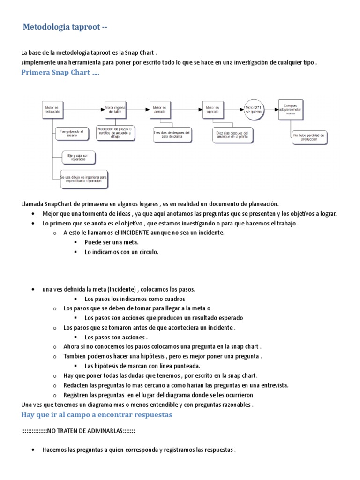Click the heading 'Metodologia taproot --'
coord(65,28)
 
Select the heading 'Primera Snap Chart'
coord(60,73)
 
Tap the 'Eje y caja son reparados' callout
coord(79,157)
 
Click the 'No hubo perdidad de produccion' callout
coord(309,137)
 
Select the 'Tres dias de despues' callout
coord(172,135)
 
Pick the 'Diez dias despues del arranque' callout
coord(232,135)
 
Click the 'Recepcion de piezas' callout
coord(115,133)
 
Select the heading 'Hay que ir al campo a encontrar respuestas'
coord(97,414)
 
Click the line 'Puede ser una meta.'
coord(112,242)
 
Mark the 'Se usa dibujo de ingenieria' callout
coord(84,179)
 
